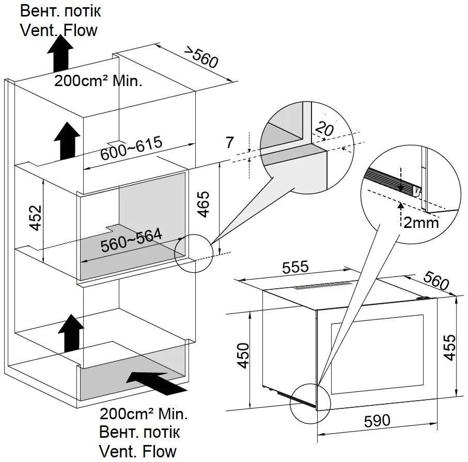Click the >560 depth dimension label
(201, 57)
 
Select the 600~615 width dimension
(131, 148)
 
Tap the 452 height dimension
(36, 218)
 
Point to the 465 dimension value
(204, 204)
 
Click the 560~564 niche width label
(131, 240)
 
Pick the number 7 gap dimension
(229, 142)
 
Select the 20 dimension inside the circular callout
(324, 128)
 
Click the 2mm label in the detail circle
(421, 222)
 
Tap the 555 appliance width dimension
(295, 267)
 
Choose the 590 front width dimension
(377, 421)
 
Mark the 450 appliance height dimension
(243, 356)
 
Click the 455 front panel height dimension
(450, 348)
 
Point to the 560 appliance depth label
(436, 280)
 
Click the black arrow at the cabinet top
(60, 53)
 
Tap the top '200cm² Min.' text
(98, 81)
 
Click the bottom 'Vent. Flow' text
(137, 451)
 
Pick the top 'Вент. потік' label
(60, 11)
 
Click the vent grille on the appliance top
(323, 285)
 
